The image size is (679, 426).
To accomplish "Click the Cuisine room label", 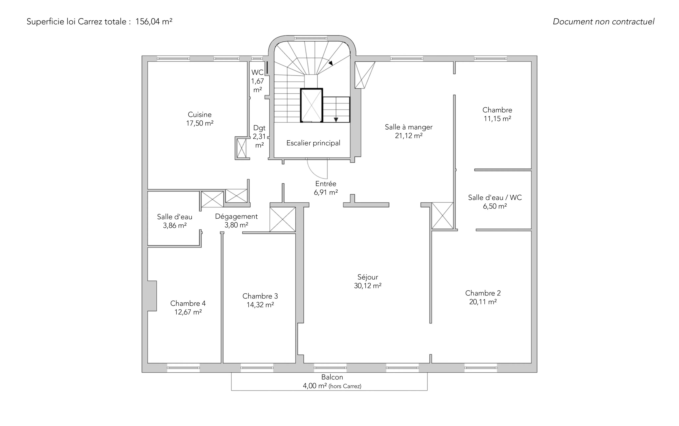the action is click(200, 115).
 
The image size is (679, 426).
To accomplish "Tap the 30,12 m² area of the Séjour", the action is click(368, 286).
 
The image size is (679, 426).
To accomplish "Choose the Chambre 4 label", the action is click(188, 303).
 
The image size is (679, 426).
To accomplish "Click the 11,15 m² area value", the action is click(497, 119).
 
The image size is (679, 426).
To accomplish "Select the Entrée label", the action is click(326, 184).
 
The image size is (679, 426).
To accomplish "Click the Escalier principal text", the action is click(313, 143).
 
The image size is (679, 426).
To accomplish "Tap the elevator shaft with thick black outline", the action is click(311, 105).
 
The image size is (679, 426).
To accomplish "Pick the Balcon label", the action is click(332, 377).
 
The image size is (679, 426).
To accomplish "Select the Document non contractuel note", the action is click(603, 22).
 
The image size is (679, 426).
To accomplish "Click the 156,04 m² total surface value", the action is click(154, 22).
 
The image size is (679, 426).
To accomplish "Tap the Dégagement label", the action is click(236, 216).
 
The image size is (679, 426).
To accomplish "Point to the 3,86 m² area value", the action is click(175, 225).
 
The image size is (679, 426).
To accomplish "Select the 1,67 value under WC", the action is click(257, 81).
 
